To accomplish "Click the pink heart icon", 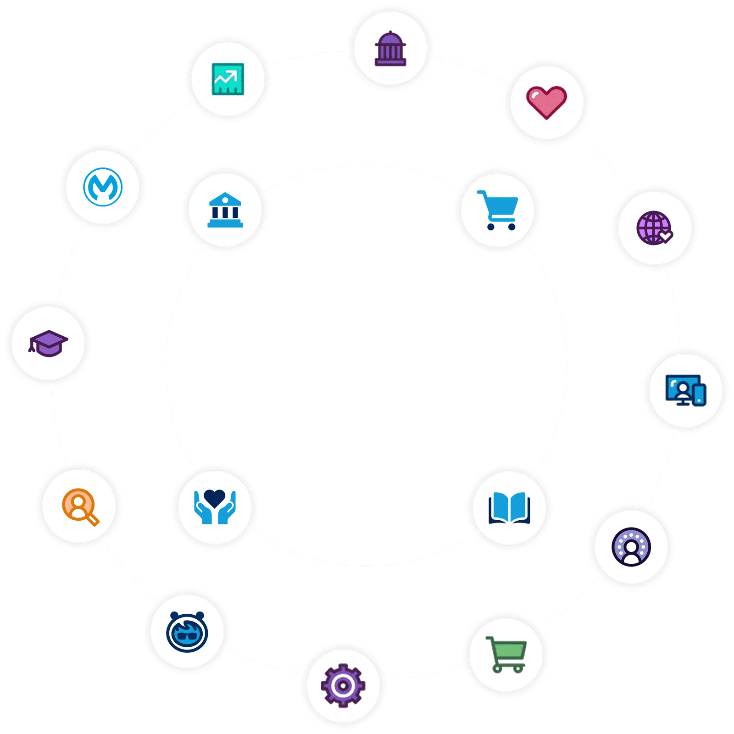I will (546, 102).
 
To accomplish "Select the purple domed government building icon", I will (390, 49).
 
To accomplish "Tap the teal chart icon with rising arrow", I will (228, 79).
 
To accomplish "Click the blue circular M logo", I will (103, 187).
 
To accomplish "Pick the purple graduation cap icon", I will (49, 343).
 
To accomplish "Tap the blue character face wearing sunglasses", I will (187, 632).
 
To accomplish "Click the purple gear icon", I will (343, 685).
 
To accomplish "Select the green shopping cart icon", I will (506, 654).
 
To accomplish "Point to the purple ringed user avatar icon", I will (631, 547).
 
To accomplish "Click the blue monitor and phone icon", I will (686, 390).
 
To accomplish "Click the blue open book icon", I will (509, 508).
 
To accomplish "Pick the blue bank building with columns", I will (225, 210).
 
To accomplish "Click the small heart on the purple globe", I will (666, 237).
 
